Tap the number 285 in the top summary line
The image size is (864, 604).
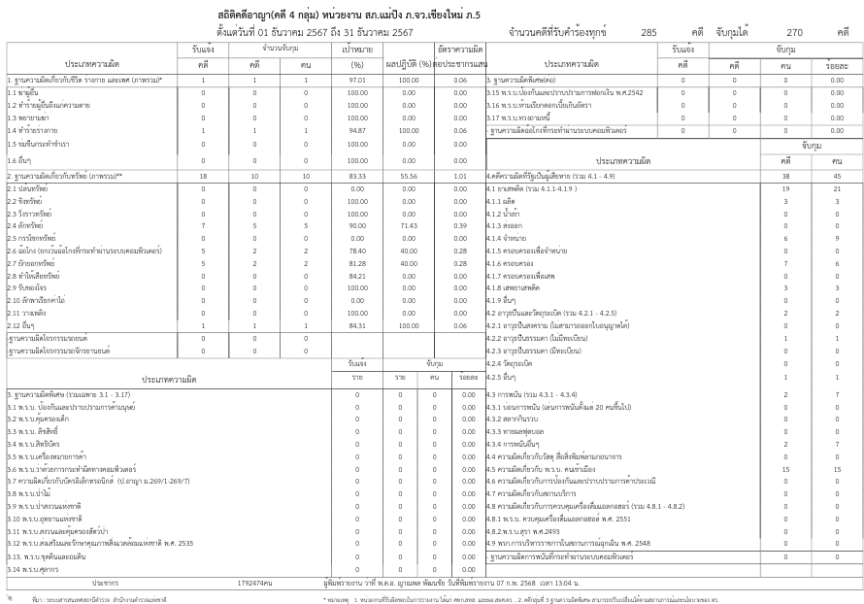[x=648, y=32]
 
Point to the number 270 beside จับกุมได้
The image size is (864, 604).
[x=794, y=32]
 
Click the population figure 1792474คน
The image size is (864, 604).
[x=254, y=583]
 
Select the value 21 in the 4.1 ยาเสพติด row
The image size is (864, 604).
[x=836, y=188]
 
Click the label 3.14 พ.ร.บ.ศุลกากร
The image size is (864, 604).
[x=36, y=569]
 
